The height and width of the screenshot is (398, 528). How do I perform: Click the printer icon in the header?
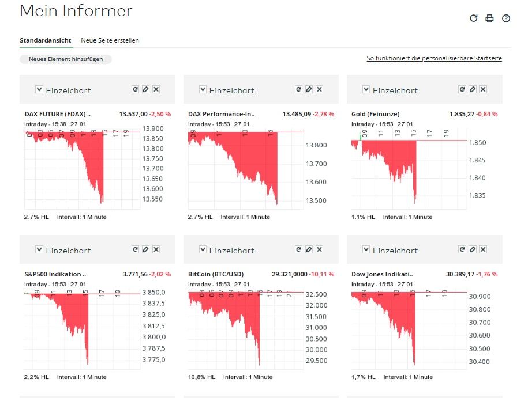click(x=490, y=18)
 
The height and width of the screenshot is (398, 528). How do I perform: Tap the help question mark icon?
click(x=506, y=18)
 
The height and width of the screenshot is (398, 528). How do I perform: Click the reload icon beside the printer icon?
click(x=474, y=18)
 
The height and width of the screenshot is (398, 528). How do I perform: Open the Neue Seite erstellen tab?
click(x=110, y=40)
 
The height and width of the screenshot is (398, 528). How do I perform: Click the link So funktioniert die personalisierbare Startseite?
click(x=434, y=59)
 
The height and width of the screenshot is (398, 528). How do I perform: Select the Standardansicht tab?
click(x=46, y=40)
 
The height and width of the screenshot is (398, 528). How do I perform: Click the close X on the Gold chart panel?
click(x=483, y=89)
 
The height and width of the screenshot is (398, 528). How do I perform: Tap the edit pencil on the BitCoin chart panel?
click(x=309, y=249)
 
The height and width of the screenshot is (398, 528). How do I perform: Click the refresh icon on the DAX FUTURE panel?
click(x=135, y=89)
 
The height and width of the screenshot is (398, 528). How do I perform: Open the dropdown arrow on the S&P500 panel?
click(x=39, y=249)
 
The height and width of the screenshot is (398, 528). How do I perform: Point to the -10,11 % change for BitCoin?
click(x=322, y=274)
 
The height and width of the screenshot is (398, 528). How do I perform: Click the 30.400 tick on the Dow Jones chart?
click(x=480, y=362)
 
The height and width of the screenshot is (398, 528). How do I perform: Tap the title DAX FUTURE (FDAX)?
click(x=57, y=114)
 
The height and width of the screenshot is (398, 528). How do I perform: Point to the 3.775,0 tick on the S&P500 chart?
click(x=153, y=360)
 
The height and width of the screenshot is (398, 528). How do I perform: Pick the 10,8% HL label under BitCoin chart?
click(x=201, y=377)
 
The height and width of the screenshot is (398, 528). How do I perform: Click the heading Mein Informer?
click(x=76, y=11)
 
